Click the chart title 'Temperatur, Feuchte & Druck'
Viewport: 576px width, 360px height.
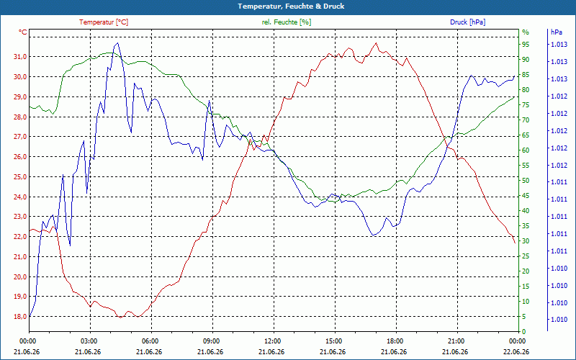tap(291, 6)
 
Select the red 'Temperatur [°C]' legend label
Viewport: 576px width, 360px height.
tap(104, 22)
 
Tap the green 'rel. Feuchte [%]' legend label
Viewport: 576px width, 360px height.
tap(287, 22)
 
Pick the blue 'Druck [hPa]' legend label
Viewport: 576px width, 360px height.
tap(467, 22)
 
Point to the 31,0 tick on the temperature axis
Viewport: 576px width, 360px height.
tap(20, 57)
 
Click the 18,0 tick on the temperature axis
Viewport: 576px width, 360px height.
tap(20, 316)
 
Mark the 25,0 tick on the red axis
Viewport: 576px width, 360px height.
tap(20, 176)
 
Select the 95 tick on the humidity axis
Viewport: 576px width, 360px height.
tap(526, 45)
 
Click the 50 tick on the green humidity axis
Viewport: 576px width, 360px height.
tap(526, 181)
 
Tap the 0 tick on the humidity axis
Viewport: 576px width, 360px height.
tap(524, 332)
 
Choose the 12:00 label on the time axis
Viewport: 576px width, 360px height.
tap(273, 341)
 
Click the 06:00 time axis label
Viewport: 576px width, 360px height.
tap(150, 341)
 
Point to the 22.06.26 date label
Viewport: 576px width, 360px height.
tap(516, 351)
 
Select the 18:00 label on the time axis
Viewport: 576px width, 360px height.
tap(395, 341)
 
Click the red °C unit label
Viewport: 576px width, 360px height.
tap(23, 32)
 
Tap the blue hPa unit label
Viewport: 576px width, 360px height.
tap(557, 32)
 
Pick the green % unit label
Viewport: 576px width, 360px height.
tap(526, 32)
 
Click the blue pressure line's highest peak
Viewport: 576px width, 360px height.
tap(117, 43)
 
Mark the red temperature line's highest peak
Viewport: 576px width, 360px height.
tap(376, 43)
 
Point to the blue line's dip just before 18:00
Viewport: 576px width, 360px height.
tap(374, 235)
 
